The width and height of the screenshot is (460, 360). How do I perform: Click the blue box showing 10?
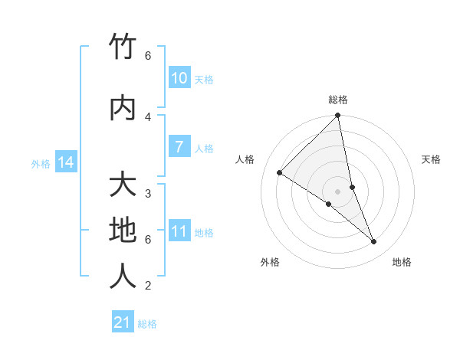(179, 78)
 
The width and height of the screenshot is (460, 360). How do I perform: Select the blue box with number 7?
(179, 147)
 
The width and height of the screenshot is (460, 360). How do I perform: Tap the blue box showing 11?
(179, 231)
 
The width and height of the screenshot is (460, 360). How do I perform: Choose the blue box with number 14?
(65, 162)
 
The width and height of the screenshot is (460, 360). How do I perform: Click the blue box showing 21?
(123, 322)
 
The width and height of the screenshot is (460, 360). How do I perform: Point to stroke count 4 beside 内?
(148, 117)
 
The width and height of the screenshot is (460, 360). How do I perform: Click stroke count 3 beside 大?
(148, 194)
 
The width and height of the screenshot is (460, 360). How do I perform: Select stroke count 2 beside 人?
(148, 286)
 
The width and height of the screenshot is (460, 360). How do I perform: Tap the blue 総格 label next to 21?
(147, 324)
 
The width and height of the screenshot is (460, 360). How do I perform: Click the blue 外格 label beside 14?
(40, 163)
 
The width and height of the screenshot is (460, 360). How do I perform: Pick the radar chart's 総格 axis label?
(338, 100)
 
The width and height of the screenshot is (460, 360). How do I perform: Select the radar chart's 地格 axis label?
(402, 262)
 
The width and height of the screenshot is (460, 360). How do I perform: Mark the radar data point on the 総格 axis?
(338, 116)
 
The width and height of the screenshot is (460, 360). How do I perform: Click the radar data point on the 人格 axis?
(280, 172)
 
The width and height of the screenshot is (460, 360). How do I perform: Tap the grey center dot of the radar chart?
(338, 191)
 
